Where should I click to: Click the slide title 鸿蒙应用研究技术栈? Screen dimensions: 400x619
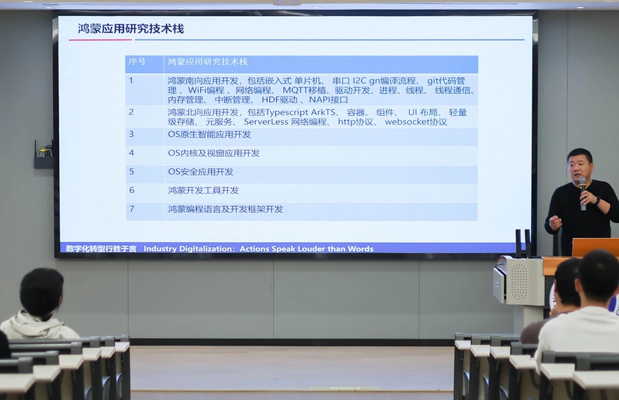pyautogui.click(x=131, y=29)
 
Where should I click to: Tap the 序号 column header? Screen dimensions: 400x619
pyautogui.click(x=137, y=62)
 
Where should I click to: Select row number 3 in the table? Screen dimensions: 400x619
pyautogui.click(x=131, y=134)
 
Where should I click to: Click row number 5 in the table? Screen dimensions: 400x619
pyautogui.click(x=131, y=171)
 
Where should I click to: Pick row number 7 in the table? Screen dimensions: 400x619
pyautogui.click(x=131, y=209)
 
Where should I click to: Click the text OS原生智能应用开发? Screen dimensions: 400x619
pyautogui.click(x=209, y=134)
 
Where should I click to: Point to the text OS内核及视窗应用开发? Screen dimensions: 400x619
pyautogui.click(x=213, y=153)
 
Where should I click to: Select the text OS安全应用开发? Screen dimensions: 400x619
pyautogui.click(x=200, y=171)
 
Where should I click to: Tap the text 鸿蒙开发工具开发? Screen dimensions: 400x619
pyautogui.click(x=203, y=190)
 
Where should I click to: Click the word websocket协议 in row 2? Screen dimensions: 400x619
pyautogui.click(x=415, y=122)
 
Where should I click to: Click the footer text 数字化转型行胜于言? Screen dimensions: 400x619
pyautogui.click(x=101, y=249)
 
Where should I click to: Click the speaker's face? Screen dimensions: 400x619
pyautogui.click(x=579, y=165)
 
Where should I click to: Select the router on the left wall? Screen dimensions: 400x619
pyautogui.click(x=43, y=156)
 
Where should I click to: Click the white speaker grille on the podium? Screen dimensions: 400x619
pyautogui.click(x=518, y=280)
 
